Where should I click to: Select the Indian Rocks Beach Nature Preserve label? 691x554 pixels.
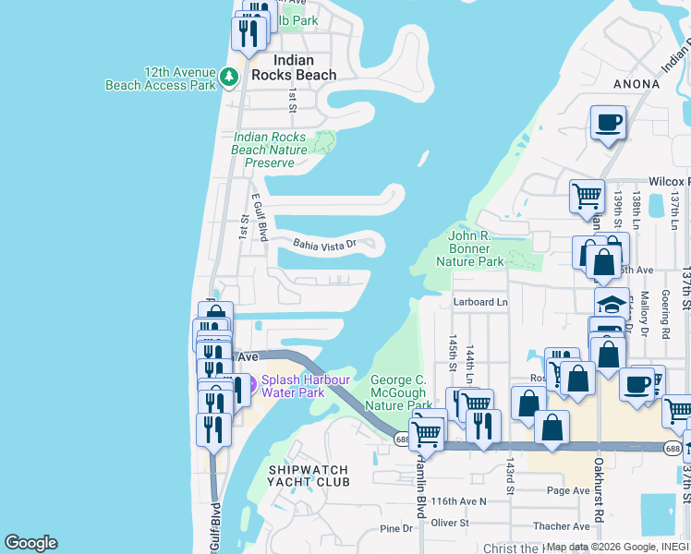pyautogui.click(x=270, y=151)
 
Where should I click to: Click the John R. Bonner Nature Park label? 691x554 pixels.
pyautogui.click(x=476, y=248)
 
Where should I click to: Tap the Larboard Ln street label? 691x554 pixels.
pyautogui.click(x=480, y=302)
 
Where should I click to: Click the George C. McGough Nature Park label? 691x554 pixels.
pyautogui.click(x=398, y=392)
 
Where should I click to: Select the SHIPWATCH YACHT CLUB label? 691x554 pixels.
pyautogui.click(x=309, y=476)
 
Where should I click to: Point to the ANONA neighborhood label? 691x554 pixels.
pyautogui.click(x=636, y=84)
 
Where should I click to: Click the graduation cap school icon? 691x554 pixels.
pyautogui.click(x=611, y=304)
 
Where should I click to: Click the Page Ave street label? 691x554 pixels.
pyautogui.click(x=567, y=491)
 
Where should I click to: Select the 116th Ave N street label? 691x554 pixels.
pyautogui.click(x=476, y=500)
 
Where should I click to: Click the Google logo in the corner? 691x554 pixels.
pyautogui.click(x=31, y=543)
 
